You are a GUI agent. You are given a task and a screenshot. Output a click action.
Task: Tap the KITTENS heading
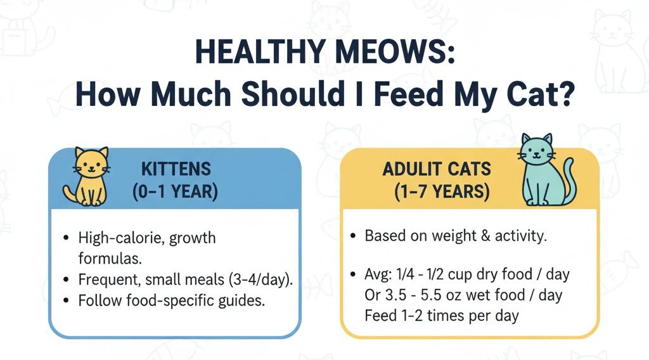click(176, 169)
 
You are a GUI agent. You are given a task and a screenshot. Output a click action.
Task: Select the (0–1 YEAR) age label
click(176, 192)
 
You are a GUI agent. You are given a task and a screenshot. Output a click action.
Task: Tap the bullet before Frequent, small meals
click(67, 280)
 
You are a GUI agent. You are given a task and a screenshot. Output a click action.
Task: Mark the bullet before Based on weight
click(354, 236)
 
